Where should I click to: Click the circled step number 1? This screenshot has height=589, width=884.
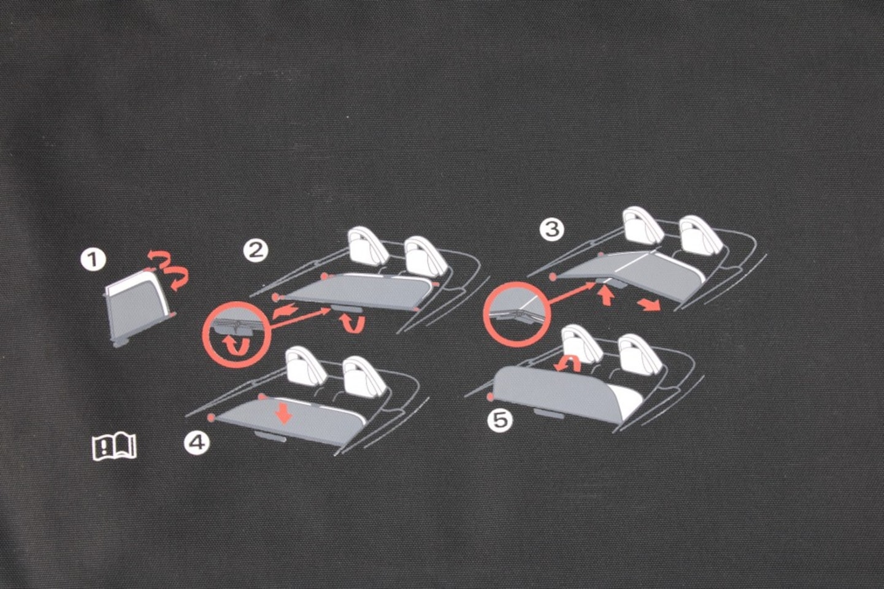[x=93, y=260]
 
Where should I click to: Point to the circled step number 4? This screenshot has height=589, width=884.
[x=196, y=442]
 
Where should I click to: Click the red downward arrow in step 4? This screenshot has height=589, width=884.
[x=283, y=412]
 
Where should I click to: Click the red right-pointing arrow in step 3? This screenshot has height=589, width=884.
[x=649, y=304]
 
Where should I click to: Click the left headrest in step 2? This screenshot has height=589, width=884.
[x=366, y=245]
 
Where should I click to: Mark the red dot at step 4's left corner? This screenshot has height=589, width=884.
[x=212, y=417]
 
